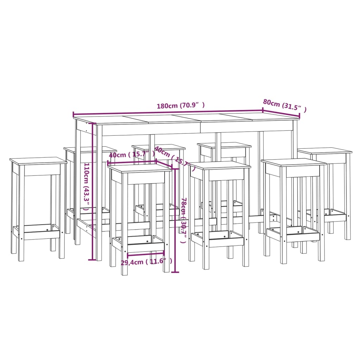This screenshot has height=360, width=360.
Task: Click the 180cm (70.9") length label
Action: coord(181,105)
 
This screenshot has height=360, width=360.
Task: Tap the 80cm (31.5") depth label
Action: coord(285,105)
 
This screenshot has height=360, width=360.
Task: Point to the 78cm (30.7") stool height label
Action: coord(184,220)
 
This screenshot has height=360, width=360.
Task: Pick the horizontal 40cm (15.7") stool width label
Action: coord(131,155)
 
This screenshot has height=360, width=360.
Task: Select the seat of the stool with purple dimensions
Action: coord(140,168)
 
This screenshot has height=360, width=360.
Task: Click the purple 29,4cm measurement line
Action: coord(146,253)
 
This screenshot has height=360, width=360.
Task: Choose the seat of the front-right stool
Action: coord(294,162)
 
